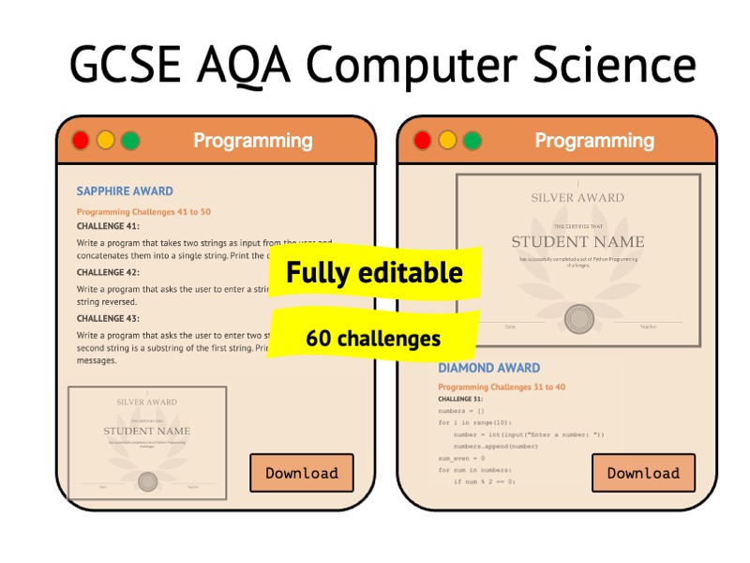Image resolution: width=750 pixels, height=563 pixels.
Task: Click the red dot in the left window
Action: click(81, 141)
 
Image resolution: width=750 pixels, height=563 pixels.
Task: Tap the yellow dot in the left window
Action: click(106, 141)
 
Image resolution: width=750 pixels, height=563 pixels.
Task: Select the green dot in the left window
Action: click(130, 141)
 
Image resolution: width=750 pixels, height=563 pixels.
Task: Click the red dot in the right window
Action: click(423, 141)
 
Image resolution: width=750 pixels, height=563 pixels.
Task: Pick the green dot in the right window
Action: click(472, 141)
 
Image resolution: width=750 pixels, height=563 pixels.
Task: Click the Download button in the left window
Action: click(301, 473)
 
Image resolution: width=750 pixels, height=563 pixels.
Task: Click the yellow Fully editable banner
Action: click(374, 273)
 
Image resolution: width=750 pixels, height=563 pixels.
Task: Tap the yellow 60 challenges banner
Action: click(373, 338)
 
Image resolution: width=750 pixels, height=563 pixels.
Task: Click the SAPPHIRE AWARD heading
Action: click(125, 191)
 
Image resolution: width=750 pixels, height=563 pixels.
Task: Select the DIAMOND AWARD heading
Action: click(488, 368)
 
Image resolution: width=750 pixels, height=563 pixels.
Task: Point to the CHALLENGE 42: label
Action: click(108, 272)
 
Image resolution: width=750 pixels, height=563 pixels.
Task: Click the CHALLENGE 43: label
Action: click(108, 319)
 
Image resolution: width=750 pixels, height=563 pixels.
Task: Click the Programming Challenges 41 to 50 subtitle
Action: click(143, 212)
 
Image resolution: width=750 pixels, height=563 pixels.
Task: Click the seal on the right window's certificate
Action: click(578, 319)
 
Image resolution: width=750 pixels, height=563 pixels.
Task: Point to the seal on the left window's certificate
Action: click(147, 481)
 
